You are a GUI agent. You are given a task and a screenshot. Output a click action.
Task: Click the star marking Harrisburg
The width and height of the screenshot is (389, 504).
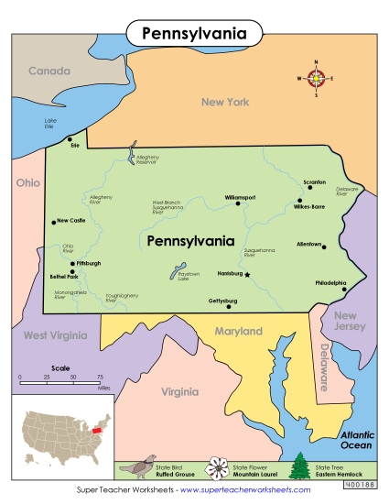246,274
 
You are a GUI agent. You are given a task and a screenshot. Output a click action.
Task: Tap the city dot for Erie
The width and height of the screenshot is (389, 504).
70,139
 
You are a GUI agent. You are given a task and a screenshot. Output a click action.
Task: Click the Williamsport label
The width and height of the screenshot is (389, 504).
242,197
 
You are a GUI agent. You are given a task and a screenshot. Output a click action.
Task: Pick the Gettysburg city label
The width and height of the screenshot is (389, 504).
222,301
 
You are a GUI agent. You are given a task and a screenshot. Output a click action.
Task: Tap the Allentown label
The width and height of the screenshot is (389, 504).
309,245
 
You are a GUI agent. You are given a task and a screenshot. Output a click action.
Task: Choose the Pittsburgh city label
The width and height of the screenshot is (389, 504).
89,263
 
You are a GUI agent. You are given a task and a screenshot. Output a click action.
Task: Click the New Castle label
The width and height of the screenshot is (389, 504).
71,221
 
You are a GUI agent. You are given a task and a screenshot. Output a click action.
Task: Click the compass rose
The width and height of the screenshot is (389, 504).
317,79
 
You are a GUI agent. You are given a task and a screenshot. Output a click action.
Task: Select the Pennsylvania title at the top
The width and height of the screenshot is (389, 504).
193,34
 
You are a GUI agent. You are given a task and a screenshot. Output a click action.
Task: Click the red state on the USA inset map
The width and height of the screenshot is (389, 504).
93,429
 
